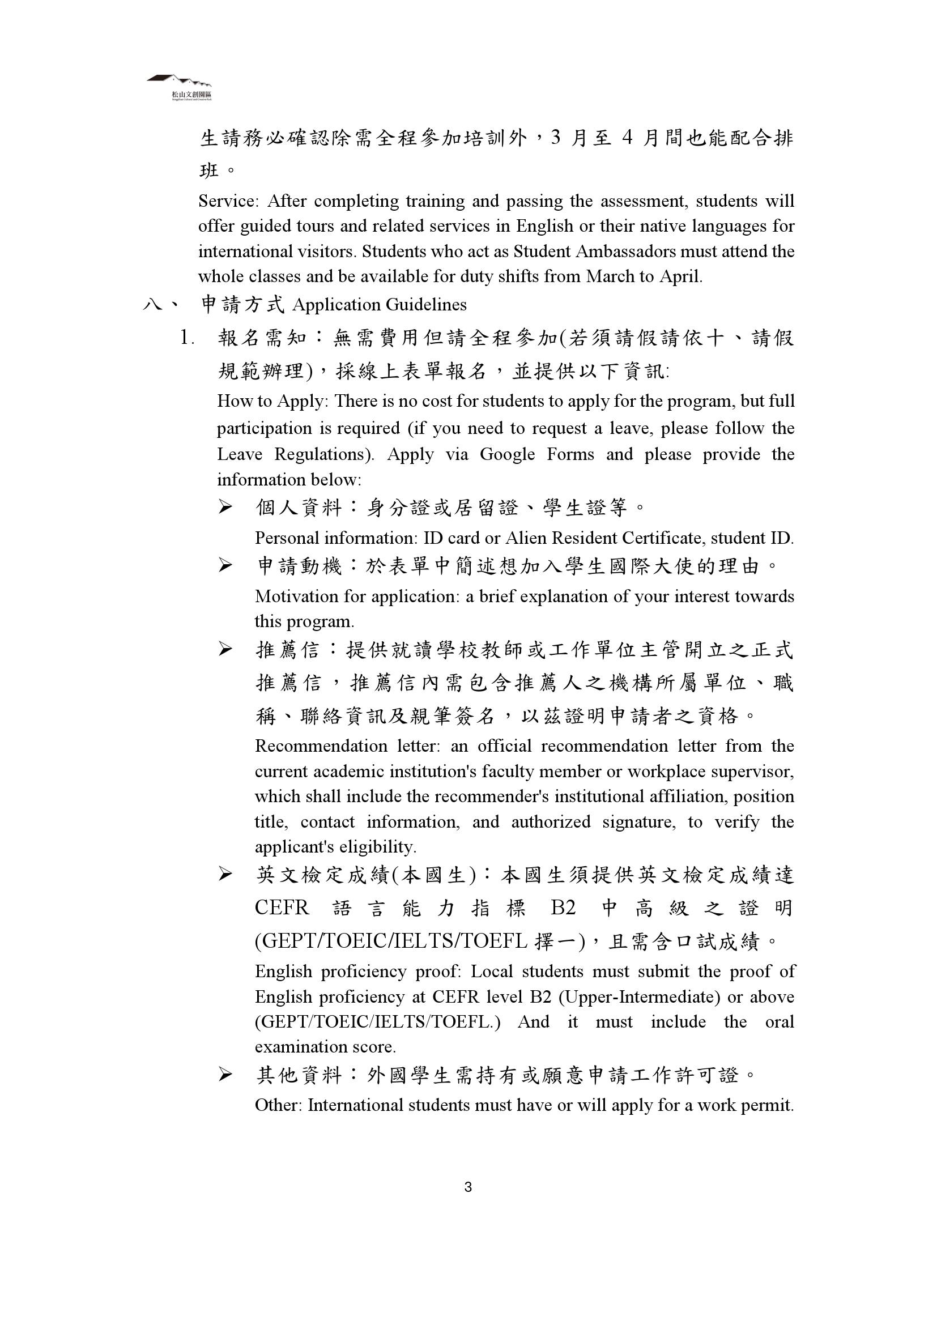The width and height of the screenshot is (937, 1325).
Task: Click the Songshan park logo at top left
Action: [x=180, y=87]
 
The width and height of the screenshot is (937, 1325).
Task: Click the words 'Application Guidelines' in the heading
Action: [x=379, y=305]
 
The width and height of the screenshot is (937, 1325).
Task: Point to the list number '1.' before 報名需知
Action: [x=187, y=338]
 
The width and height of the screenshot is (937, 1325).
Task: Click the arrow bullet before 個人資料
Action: [x=225, y=508]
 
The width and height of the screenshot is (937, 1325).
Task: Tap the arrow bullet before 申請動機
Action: [x=225, y=566]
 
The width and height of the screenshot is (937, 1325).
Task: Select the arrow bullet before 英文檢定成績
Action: [x=225, y=875]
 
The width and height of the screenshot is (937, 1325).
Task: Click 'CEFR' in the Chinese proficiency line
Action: [x=282, y=908]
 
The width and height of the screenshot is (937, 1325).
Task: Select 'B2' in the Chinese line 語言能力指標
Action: [x=563, y=908]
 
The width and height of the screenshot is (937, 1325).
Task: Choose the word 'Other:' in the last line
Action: [x=279, y=1105]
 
